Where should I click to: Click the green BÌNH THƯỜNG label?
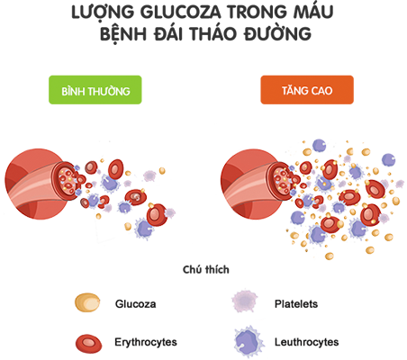[x=95, y=90]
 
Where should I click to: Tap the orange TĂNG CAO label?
[x=307, y=90]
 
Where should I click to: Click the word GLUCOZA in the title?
[x=181, y=13]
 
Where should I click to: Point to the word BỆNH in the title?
[x=123, y=34]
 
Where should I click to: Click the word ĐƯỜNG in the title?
[x=277, y=32]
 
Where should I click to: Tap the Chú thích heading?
[x=206, y=269]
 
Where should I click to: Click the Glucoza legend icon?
[x=87, y=302]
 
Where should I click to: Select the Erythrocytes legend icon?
[x=88, y=343]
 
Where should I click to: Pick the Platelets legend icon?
[x=245, y=301]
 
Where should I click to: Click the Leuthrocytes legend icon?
[x=249, y=342]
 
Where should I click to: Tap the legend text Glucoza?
[x=135, y=304]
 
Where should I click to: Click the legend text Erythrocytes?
[x=146, y=342]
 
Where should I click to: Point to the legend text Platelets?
[x=296, y=304]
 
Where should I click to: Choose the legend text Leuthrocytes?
[x=306, y=342]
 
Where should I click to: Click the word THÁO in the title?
[x=213, y=32]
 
